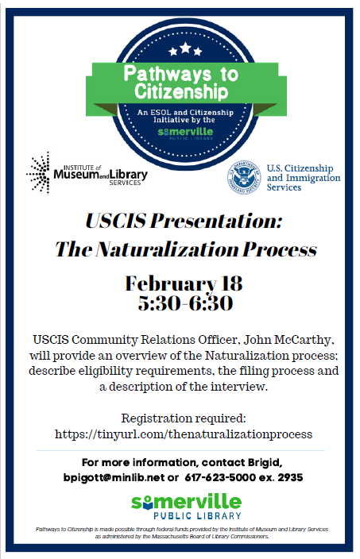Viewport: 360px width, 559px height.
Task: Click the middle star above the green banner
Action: pos(185,48)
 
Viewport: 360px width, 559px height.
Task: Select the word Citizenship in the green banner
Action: pos(181,91)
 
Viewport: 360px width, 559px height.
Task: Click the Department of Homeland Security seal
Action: pos(245,177)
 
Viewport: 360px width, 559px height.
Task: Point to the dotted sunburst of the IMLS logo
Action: pos(38,174)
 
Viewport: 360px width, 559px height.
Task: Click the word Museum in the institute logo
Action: pos(76,175)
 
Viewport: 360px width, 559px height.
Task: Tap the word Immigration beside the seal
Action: pos(313,178)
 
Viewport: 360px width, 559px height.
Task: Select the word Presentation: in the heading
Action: pos(216,221)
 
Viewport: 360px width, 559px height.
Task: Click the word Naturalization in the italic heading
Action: pos(168,249)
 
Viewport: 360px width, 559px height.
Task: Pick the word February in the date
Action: pos(171,284)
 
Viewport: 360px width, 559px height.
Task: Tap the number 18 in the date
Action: pos(232,283)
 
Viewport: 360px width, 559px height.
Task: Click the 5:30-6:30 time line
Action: pos(185,303)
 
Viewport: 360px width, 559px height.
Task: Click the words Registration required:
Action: pos(184,418)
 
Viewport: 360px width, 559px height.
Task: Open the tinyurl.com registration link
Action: pos(184,434)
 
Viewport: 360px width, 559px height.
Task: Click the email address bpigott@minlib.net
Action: pos(114,478)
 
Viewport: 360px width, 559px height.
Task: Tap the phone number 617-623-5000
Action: pos(220,477)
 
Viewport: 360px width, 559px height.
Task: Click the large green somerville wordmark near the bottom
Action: pos(186,502)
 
